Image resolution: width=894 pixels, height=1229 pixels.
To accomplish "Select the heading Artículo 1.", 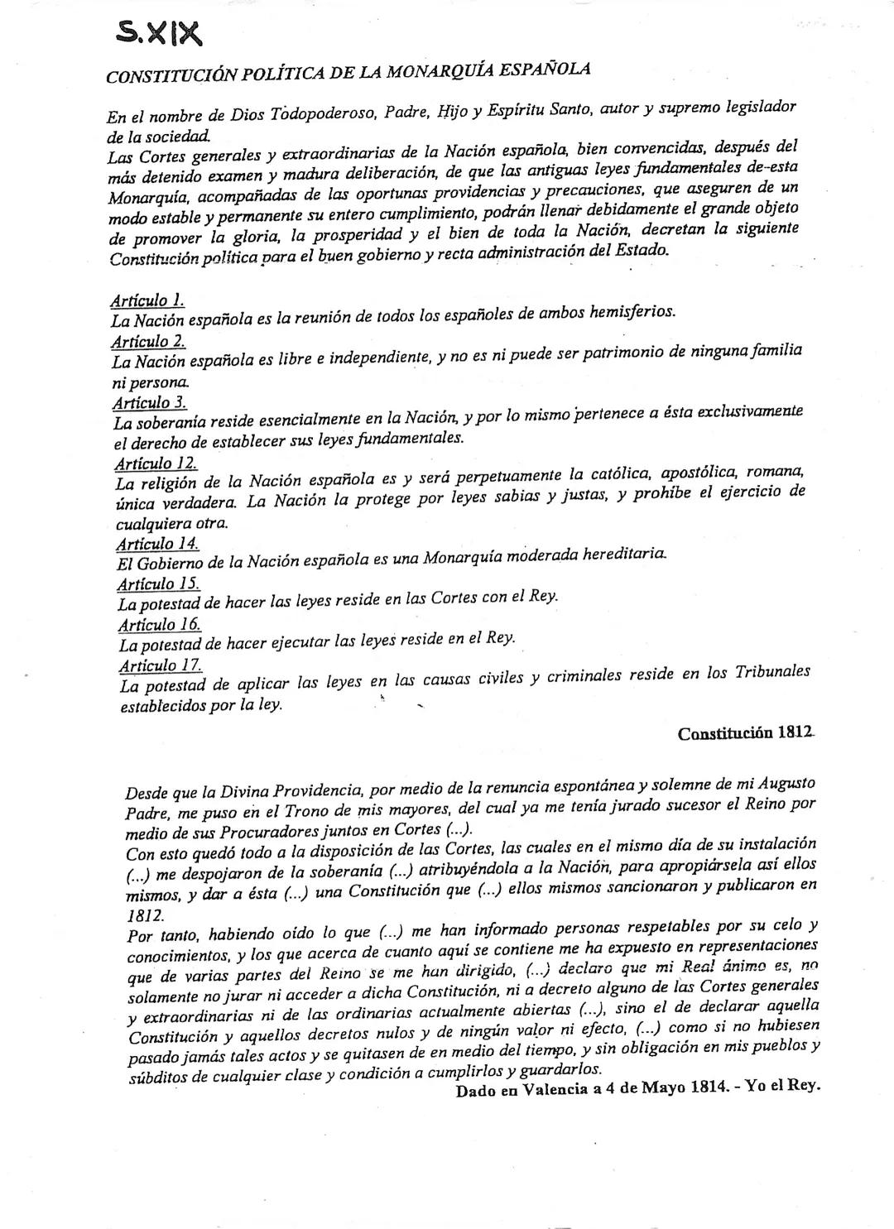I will (x=147, y=300).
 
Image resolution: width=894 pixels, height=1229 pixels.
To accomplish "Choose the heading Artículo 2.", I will (x=148, y=341).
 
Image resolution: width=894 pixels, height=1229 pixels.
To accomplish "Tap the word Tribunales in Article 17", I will (x=771, y=672).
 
